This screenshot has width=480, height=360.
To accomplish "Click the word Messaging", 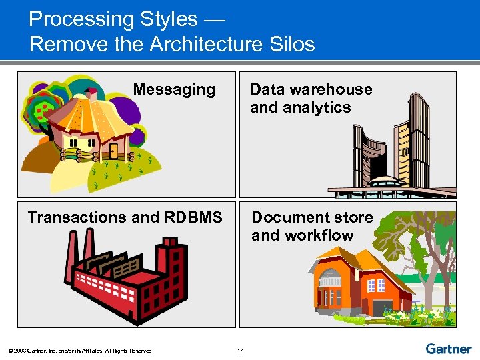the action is click(174, 89).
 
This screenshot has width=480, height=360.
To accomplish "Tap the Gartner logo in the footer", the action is click(448, 349).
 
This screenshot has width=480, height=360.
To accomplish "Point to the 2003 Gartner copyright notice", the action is click(81, 351).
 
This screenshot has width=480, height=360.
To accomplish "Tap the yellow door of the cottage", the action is click(113, 149).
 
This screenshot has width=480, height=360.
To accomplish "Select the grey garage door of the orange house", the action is click(382, 307).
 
